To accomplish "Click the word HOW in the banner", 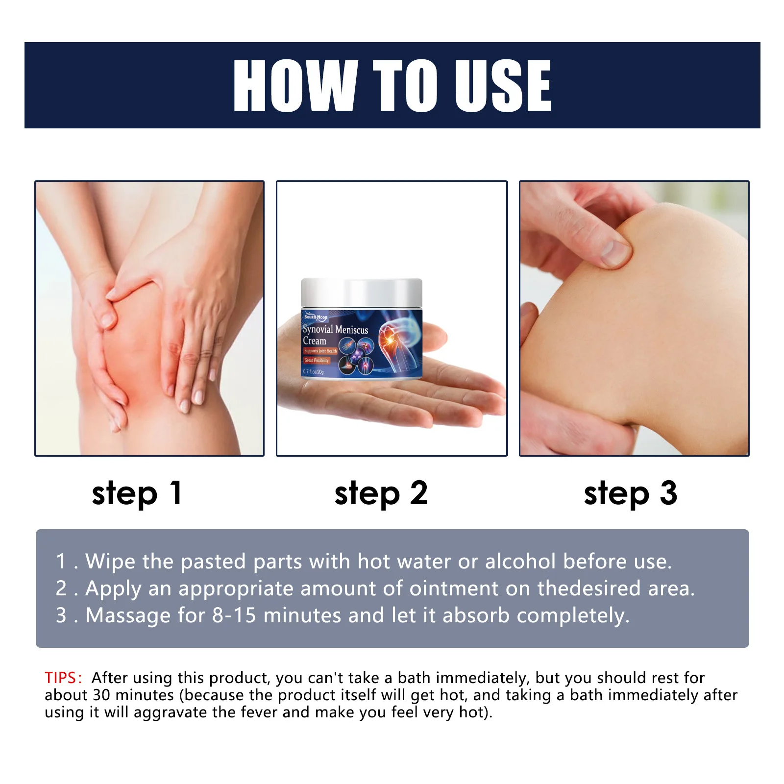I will [x=294, y=86].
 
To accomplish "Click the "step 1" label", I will [x=137, y=493].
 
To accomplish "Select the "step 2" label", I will [x=381, y=493].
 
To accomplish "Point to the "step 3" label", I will [x=631, y=493].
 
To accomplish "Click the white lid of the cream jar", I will [x=361, y=292].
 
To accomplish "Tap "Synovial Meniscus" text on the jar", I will [x=335, y=330].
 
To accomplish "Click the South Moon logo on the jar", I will [x=316, y=317].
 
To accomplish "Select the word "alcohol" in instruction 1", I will [x=520, y=562].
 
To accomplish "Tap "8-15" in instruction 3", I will [x=234, y=615].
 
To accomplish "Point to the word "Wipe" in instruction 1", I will [x=110, y=562].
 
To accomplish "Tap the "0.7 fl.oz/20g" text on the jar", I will [x=313, y=371].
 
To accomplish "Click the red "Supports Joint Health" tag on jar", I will [x=320, y=351].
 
